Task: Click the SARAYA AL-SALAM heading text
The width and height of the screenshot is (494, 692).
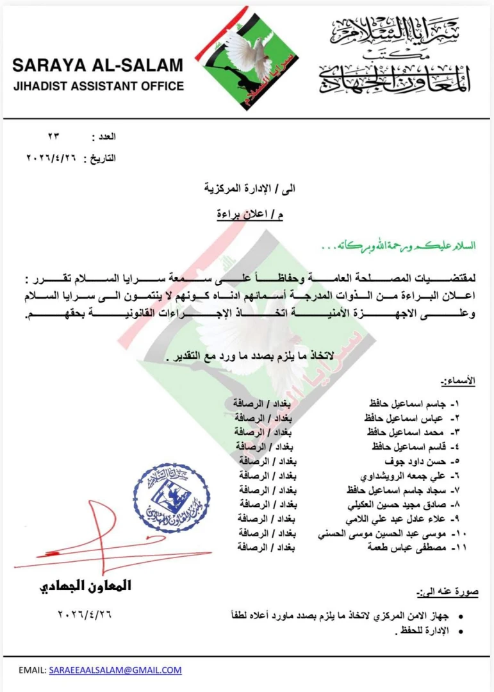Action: pos(97,65)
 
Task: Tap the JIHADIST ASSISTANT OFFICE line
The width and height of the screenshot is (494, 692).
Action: pos(97,86)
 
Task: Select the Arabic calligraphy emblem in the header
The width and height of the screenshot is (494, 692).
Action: pos(394,56)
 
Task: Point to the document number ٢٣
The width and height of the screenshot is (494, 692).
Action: pos(53,137)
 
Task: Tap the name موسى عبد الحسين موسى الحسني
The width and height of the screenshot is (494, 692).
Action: pos(381,532)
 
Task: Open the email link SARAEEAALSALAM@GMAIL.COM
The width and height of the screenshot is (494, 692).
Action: pos(115,670)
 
